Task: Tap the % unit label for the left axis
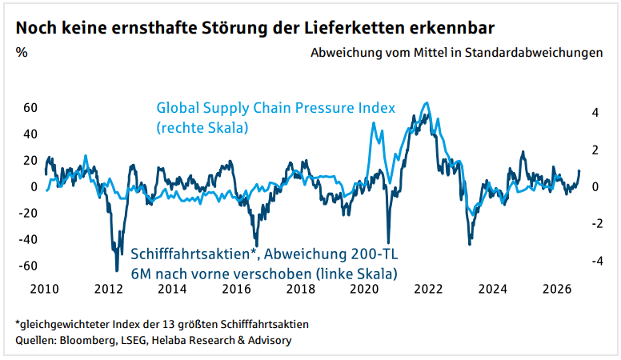(22, 54)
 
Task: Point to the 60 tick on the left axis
(30, 107)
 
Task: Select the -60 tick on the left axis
(28, 266)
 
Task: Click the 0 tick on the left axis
(35, 186)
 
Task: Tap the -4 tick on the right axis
(593, 261)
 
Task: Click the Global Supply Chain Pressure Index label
(276, 108)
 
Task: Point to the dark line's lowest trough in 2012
(117, 270)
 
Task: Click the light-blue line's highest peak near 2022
(426, 103)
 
